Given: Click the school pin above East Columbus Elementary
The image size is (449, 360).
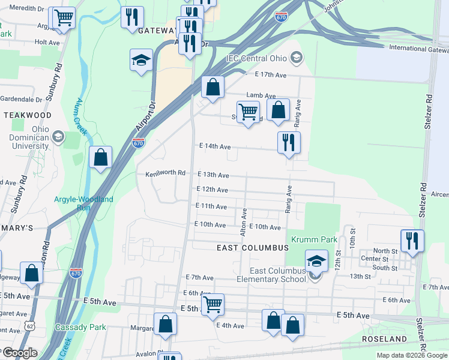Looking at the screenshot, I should pos(316,261).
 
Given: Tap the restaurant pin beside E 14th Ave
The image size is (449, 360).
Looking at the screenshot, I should pos(289,143).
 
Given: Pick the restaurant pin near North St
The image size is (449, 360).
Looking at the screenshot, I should pos(412,240).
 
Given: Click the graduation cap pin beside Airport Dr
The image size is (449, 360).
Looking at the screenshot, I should pos(141,60).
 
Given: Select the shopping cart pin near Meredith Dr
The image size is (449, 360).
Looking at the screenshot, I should pos(64,18).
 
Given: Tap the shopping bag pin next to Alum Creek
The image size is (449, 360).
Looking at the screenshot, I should pos(101,157).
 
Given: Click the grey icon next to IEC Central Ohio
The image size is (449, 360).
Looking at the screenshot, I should pos(295,58).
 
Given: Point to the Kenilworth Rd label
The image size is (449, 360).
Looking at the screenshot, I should pos(165,173).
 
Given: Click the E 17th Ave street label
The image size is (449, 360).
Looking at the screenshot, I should pos(271,74).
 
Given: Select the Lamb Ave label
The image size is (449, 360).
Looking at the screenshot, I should pos(261,95).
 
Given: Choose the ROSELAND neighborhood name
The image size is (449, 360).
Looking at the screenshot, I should pos(385,339).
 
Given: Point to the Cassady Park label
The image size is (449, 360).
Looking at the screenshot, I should pos(80,327).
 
